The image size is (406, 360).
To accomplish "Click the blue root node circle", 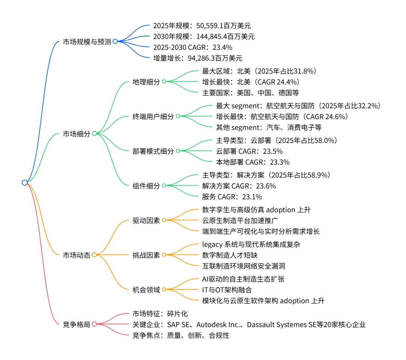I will (x=25, y=183).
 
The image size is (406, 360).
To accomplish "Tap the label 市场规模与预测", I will (x=87, y=42).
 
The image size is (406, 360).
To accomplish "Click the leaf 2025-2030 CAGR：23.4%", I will (x=192, y=47).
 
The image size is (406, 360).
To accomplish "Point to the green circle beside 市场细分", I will (x=94, y=134).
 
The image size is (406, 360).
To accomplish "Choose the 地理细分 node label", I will (x=146, y=82).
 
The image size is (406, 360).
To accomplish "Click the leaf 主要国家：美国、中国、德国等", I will (x=250, y=92).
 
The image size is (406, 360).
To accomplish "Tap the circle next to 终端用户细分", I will (x=178, y=117).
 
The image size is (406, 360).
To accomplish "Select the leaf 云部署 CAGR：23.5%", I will (x=249, y=151).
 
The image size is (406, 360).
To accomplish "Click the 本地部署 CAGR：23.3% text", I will (x=253, y=162).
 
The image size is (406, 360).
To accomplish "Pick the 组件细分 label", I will (x=146, y=186).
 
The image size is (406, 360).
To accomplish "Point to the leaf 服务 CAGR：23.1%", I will (x=232, y=197).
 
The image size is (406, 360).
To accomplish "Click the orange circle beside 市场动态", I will (x=94, y=255).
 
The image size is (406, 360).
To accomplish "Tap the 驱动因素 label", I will (x=146, y=220).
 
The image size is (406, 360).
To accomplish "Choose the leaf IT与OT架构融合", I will (x=227, y=290).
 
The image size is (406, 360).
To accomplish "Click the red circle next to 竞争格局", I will (x=94, y=324).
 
